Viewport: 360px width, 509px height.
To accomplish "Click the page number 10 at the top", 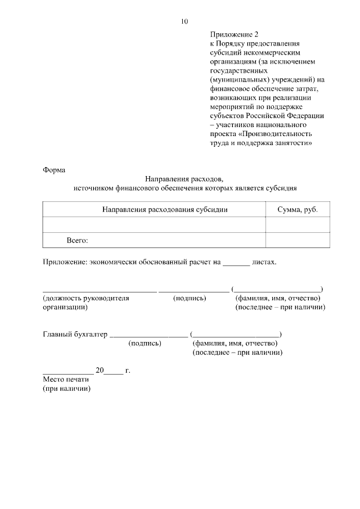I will click(x=184, y=21).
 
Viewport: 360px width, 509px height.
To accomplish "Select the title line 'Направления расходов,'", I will click(x=184, y=179).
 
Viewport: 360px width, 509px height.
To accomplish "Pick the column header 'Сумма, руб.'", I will click(x=298, y=209).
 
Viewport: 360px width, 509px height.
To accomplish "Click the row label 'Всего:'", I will click(x=78, y=240).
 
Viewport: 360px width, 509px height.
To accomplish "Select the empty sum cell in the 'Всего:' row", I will click(x=298, y=240).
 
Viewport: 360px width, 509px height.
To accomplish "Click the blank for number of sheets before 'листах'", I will click(x=236, y=262).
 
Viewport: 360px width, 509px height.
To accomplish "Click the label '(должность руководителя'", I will click(x=86, y=298).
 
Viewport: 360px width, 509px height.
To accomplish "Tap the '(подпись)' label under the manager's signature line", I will click(x=190, y=298).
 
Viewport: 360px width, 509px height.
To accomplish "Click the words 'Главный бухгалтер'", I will click(x=75, y=334).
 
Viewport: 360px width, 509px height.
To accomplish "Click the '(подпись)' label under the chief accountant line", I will click(x=145, y=343).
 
